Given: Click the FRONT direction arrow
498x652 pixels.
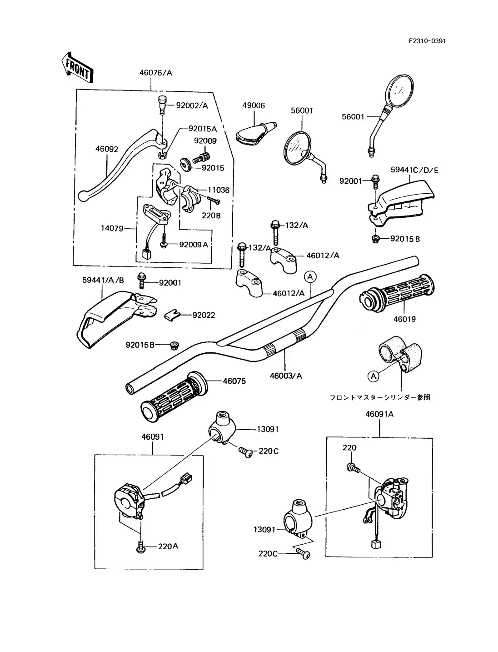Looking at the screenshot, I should [x=76, y=67].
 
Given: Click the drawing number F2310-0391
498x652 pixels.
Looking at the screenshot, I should [x=427, y=41].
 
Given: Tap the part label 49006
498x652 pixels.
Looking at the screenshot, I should [x=253, y=105].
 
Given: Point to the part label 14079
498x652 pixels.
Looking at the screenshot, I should [x=112, y=228].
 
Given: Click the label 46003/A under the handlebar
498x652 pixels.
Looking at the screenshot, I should [x=286, y=376].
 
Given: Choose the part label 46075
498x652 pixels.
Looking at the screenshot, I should [x=234, y=381].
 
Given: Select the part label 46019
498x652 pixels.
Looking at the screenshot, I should [x=404, y=319].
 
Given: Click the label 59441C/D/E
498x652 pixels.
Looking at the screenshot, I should [x=414, y=170].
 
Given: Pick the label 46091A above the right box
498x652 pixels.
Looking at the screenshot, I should [x=379, y=414].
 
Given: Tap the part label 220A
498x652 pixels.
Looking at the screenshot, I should [x=168, y=546].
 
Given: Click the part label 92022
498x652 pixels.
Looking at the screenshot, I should [x=204, y=315].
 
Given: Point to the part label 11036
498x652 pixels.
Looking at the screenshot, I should [x=219, y=190].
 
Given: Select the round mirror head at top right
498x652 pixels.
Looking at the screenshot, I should [x=400, y=92].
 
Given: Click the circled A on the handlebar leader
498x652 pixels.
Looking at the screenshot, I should [x=310, y=276].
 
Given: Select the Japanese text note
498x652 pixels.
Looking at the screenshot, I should [x=380, y=397].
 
